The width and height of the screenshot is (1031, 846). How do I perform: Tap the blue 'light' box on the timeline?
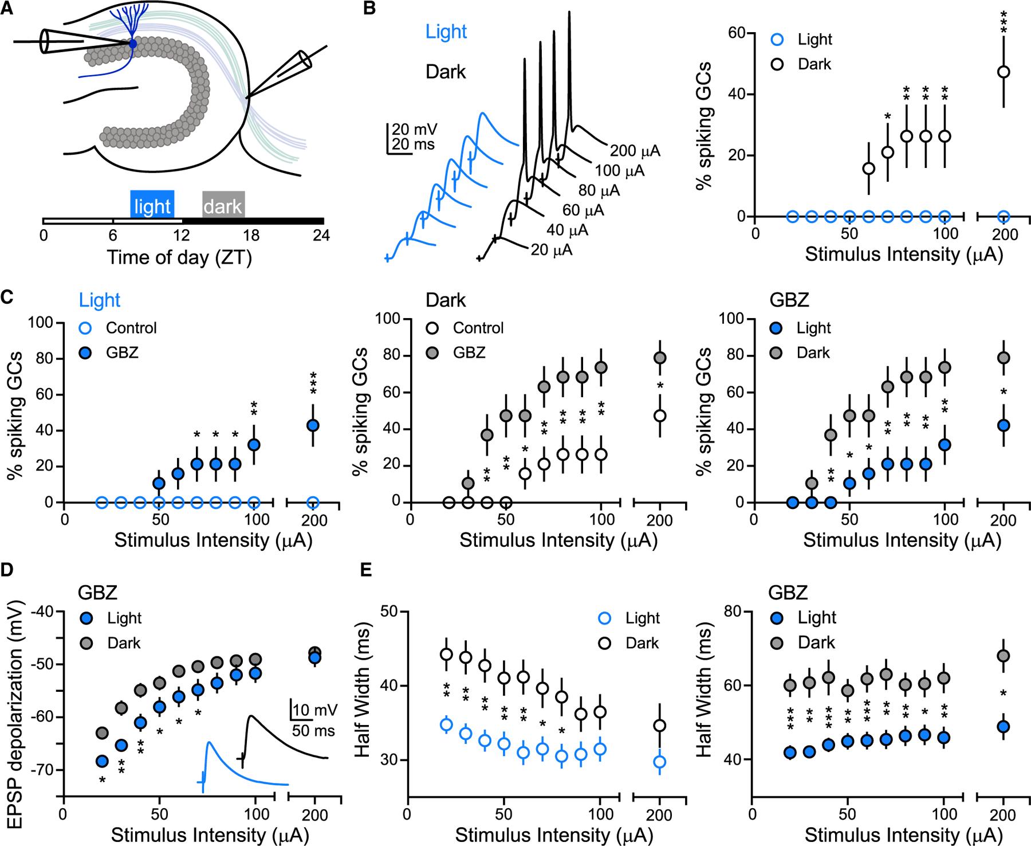click(x=152, y=205)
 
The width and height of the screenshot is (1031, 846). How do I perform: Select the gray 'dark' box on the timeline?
click(x=223, y=205)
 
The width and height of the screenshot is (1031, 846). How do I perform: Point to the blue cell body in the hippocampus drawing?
click(x=133, y=44)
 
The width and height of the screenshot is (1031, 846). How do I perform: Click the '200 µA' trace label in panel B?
click(x=635, y=151)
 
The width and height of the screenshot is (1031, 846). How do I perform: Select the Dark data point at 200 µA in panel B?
click(x=1003, y=72)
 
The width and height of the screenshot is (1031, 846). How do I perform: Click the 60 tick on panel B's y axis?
click(x=736, y=33)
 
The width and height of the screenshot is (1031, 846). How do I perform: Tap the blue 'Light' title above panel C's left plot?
click(x=100, y=300)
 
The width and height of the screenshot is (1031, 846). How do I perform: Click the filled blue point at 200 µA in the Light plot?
click(x=313, y=425)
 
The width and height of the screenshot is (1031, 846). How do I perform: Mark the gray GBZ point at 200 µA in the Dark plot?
click(x=660, y=358)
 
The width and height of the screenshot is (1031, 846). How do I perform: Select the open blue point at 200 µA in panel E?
click(x=660, y=762)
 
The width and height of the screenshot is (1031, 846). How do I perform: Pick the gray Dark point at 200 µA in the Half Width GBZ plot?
click(x=1003, y=655)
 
